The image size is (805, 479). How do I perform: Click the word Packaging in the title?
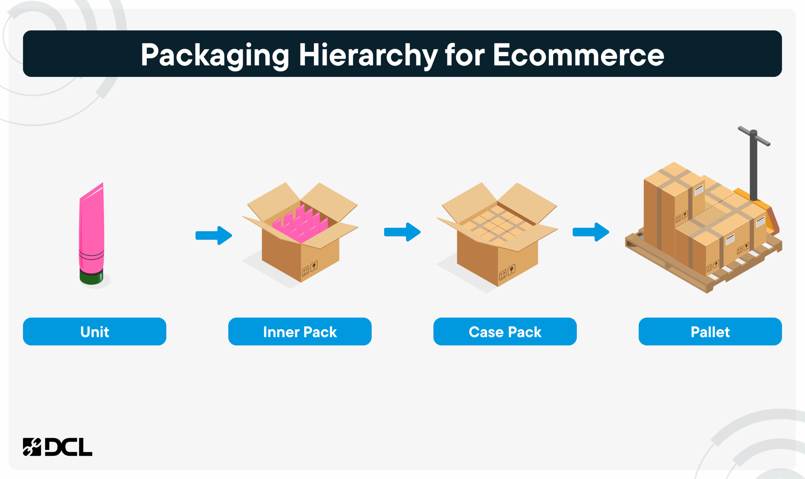(215, 55)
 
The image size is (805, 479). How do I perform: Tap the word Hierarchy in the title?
(368, 55)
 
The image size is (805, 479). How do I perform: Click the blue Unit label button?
(94, 332)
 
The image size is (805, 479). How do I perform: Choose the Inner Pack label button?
(300, 332)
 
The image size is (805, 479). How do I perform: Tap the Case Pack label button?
(505, 332)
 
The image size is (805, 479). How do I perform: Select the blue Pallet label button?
(710, 332)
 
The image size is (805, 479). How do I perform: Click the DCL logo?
(57, 447)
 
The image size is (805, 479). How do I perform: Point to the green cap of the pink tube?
(91, 277)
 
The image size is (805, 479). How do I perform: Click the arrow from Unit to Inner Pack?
(214, 235)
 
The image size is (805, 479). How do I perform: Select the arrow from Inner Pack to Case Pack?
(402, 232)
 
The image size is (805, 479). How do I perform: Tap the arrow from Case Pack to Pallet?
(591, 232)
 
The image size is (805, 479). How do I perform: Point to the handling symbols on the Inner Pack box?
(309, 268)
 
